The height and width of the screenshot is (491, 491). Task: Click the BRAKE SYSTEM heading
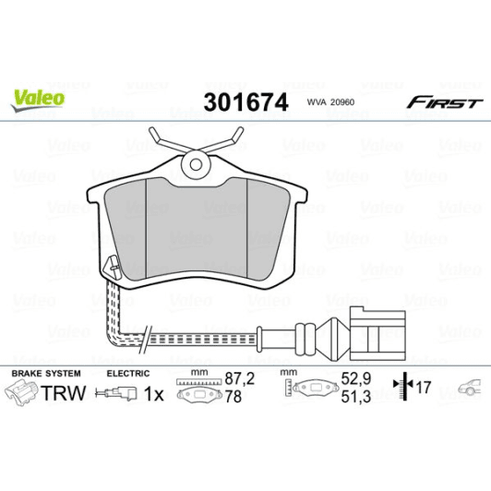[x=45, y=374]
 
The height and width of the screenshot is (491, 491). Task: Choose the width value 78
[x=236, y=395]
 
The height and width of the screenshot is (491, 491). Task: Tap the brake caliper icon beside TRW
[x=24, y=394]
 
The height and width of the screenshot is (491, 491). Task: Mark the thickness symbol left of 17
[x=401, y=387]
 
